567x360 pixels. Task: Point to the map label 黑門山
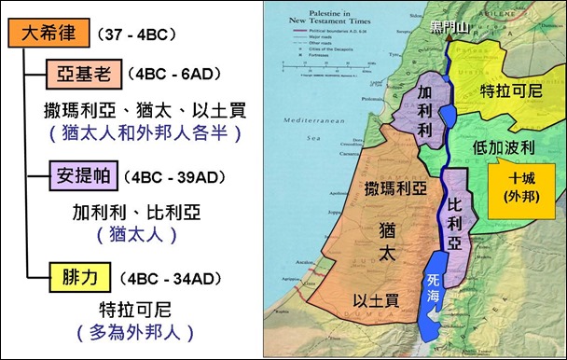pos(438,28)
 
